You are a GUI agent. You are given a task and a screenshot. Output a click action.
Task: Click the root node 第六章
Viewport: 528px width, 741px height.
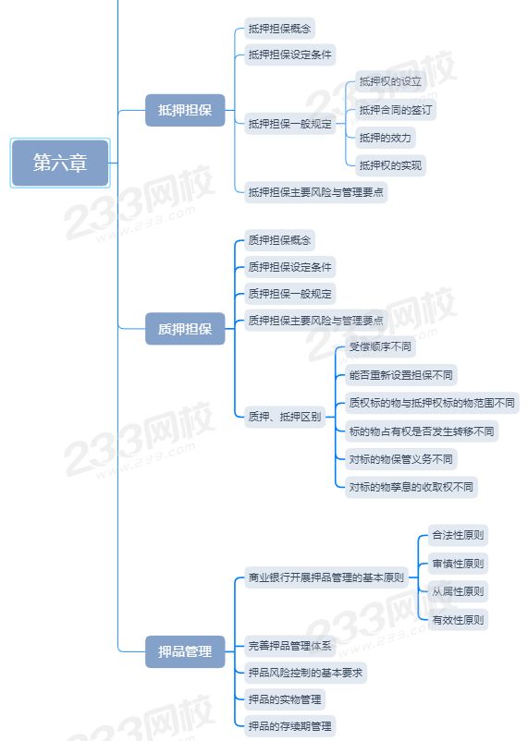[x=60, y=163]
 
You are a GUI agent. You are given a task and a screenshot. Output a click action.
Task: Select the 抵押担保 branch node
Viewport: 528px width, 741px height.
[x=185, y=110]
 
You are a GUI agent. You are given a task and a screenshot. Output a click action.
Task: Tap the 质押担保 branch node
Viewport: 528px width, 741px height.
[x=185, y=328]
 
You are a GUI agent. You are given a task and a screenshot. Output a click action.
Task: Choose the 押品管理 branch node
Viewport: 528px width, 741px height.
[x=185, y=651]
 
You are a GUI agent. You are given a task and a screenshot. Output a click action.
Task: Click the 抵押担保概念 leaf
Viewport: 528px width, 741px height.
[x=279, y=29]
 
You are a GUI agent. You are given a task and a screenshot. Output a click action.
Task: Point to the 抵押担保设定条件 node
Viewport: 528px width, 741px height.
[x=290, y=55]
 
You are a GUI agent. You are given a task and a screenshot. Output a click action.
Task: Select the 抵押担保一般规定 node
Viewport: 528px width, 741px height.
[x=290, y=124]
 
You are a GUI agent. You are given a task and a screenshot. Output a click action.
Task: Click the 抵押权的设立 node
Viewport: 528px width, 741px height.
[x=390, y=81]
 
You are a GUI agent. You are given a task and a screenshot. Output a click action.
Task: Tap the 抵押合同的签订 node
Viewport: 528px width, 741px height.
[x=396, y=110]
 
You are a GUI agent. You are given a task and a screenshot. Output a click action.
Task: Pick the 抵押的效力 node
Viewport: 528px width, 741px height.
[x=385, y=138]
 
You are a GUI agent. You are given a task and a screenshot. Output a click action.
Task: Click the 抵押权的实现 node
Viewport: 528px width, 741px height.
[x=390, y=165]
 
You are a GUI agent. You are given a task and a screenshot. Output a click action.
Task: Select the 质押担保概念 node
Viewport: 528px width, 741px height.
[x=279, y=240]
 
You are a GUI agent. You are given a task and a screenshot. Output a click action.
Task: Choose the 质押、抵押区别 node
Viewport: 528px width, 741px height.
[x=285, y=417]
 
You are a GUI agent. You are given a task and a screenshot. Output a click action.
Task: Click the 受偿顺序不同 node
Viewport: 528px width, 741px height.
[x=380, y=346]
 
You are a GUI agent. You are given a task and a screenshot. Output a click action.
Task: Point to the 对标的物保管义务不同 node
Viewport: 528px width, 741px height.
[x=400, y=459]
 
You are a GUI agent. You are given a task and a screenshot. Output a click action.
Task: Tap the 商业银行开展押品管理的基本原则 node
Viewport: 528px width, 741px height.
[x=326, y=577]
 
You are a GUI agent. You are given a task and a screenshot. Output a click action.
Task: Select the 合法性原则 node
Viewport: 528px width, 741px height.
[x=458, y=535]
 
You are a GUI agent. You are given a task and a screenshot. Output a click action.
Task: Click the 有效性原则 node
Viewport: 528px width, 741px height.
[x=458, y=620]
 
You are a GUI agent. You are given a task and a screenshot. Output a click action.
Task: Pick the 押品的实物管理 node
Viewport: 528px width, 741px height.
[x=285, y=698]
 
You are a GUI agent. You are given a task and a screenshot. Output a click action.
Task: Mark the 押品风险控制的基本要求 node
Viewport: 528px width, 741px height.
[x=306, y=673]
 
